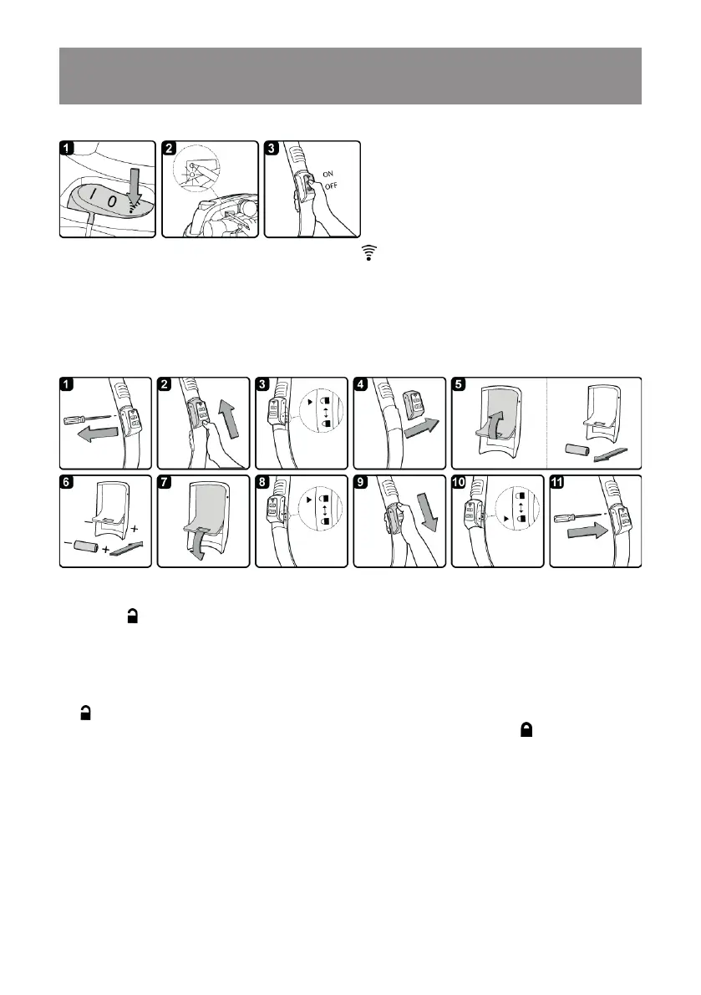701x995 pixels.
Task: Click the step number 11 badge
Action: click(559, 483)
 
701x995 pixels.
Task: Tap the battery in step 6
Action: click(87, 547)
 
